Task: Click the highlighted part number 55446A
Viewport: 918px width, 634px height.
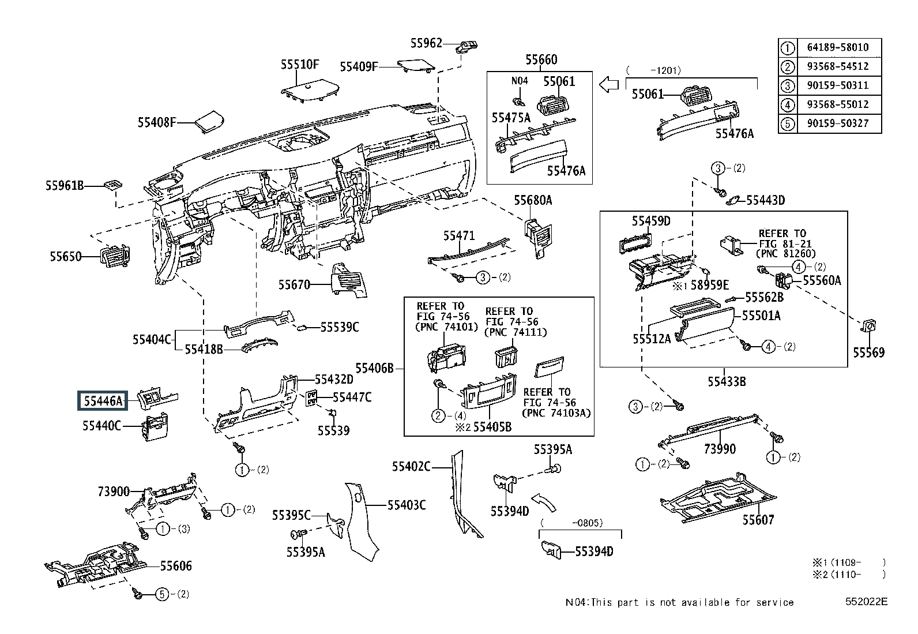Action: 103,401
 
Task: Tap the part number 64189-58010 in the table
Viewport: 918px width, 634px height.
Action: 838,47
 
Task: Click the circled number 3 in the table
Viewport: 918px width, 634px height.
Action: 787,86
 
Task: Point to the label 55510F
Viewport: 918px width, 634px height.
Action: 300,65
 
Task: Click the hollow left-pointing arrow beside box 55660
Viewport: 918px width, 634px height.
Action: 609,85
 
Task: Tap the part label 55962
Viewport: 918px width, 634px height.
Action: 426,43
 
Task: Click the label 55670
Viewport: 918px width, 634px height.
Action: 294,284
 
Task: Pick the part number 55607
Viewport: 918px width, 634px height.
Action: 759,520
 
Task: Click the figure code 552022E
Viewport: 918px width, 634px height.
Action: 866,602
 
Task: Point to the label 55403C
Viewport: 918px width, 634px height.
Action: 407,505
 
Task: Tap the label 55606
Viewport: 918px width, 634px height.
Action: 176,566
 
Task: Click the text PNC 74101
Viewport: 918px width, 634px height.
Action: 447,327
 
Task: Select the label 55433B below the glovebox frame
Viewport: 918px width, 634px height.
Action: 727,382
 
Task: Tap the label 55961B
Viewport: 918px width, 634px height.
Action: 65,186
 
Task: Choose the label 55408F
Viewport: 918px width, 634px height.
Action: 157,122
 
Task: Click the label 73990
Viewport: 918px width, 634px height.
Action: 720,449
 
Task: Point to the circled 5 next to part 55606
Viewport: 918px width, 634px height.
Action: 162,594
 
